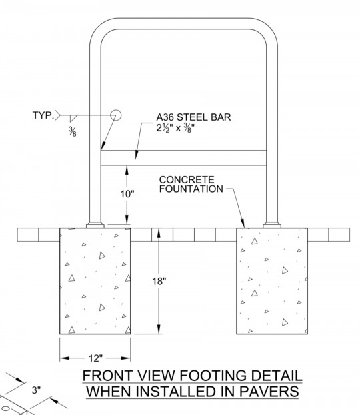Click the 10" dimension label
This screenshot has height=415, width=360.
(127, 194)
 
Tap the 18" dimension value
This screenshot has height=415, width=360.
(159, 281)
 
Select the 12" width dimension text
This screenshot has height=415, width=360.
(95, 358)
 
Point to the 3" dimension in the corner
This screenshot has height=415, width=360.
(36, 390)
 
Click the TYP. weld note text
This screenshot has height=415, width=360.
(43, 115)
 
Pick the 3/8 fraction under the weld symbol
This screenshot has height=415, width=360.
(73, 131)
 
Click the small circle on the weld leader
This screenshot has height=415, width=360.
(115, 115)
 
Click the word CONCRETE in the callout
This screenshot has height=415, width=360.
(187, 180)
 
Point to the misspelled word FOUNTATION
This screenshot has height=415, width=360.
(191, 189)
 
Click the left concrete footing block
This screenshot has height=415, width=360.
(95, 281)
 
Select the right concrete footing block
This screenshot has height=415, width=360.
(272, 281)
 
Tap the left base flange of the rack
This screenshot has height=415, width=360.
(95, 225)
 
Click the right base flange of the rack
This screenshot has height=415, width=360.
(272, 225)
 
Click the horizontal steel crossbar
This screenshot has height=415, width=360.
(183, 158)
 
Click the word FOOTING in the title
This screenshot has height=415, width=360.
(213, 376)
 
